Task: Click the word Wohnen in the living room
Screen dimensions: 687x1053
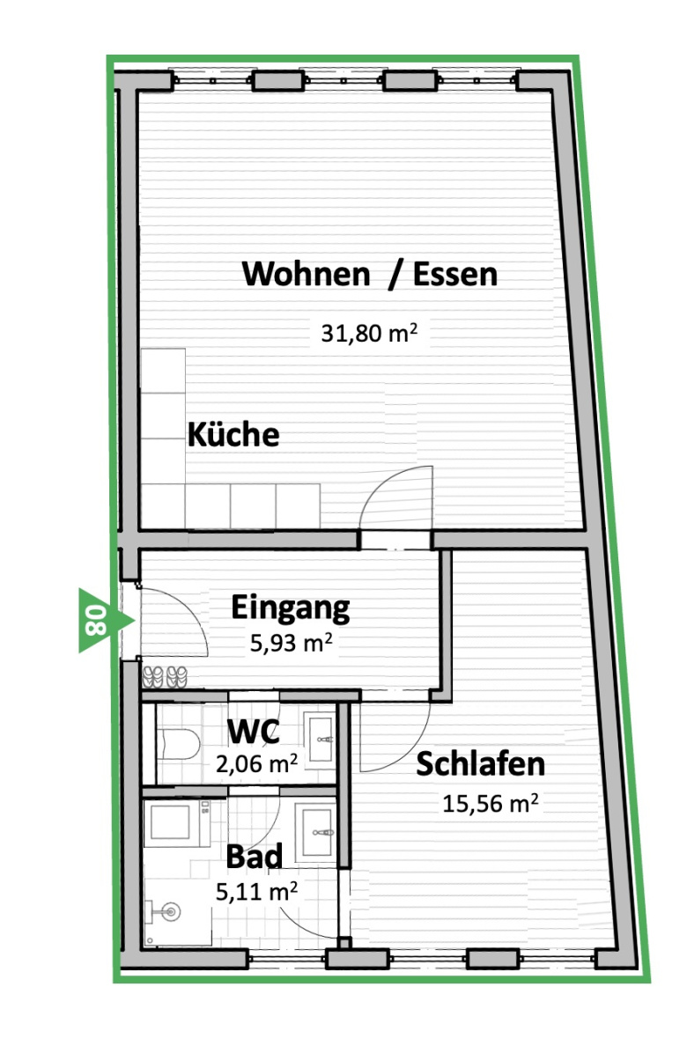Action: [x=306, y=274]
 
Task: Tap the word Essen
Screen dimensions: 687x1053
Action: [x=454, y=274]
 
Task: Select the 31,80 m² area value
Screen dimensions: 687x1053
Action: [x=369, y=333]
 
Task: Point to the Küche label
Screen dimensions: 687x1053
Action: [x=233, y=434]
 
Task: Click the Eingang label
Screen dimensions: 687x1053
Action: [x=290, y=607]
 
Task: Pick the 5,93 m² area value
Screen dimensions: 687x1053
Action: [x=291, y=643]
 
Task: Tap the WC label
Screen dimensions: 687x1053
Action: [x=253, y=732]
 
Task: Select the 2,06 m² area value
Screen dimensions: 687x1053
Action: [x=256, y=762]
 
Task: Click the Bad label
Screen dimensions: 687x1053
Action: [x=254, y=857]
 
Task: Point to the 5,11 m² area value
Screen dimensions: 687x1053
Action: [x=256, y=891]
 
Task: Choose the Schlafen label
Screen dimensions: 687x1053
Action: [x=480, y=764]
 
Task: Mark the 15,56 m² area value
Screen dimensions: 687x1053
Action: [x=491, y=803]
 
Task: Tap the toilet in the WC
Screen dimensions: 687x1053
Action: [x=178, y=744]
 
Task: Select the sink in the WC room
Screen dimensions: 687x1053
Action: [x=321, y=739]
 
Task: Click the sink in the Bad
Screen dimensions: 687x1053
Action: [x=316, y=831]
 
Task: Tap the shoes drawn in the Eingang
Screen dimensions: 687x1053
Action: [x=165, y=676]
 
